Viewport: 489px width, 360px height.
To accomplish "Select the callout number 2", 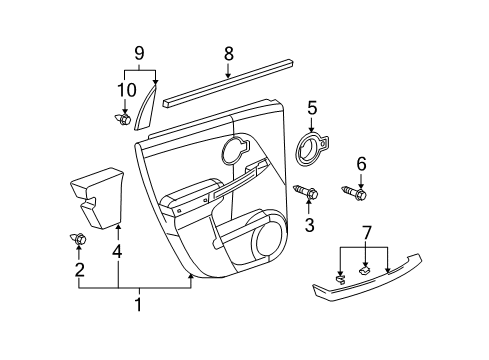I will tap(79, 270).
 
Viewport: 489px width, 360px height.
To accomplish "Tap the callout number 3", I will tap(308, 227).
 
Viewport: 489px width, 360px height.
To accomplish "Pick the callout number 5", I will tap(312, 108).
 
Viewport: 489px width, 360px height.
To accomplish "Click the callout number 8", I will tap(228, 54).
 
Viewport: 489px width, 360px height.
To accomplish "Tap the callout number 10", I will tap(124, 91).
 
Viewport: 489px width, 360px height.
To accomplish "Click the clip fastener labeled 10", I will tap(124, 120).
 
